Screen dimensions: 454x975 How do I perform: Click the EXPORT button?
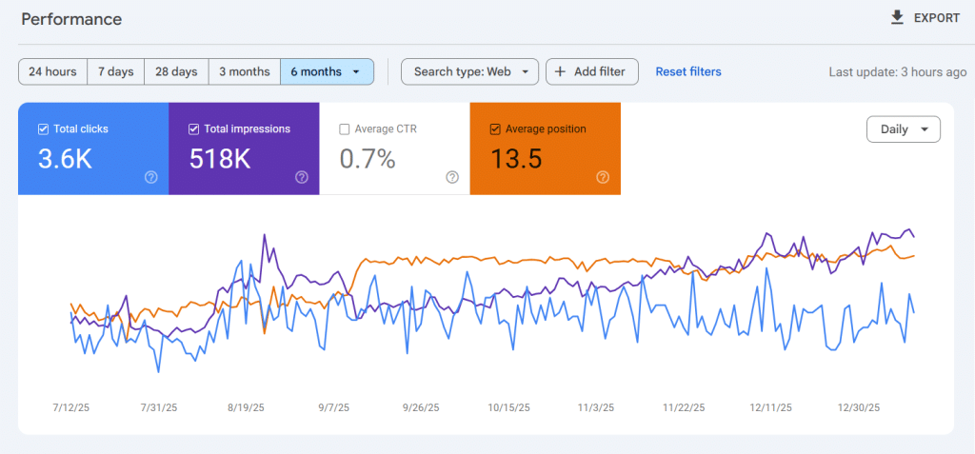(925, 18)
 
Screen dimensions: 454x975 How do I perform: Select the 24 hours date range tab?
(52, 71)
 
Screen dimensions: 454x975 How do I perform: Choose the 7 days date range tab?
(115, 71)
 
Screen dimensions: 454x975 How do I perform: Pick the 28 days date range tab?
(176, 71)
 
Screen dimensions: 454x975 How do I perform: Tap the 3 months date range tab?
(244, 71)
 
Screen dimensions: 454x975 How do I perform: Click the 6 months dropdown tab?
(327, 71)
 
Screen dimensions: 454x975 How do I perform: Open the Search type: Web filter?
(469, 71)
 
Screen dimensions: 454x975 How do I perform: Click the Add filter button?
(590, 71)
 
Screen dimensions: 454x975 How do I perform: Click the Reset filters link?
(688, 71)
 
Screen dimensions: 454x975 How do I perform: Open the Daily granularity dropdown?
(903, 129)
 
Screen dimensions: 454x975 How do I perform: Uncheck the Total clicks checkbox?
(43, 129)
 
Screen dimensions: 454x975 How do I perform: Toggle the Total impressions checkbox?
(194, 129)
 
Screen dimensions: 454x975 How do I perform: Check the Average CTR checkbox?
(345, 129)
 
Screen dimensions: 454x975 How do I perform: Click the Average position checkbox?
(495, 129)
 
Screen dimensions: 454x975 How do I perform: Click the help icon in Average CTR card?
(452, 177)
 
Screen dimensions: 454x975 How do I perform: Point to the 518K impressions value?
(219, 159)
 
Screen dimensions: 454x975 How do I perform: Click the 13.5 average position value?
(515, 159)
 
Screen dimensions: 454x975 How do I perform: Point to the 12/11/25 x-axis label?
(771, 407)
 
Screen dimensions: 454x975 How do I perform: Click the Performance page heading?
(71, 19)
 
